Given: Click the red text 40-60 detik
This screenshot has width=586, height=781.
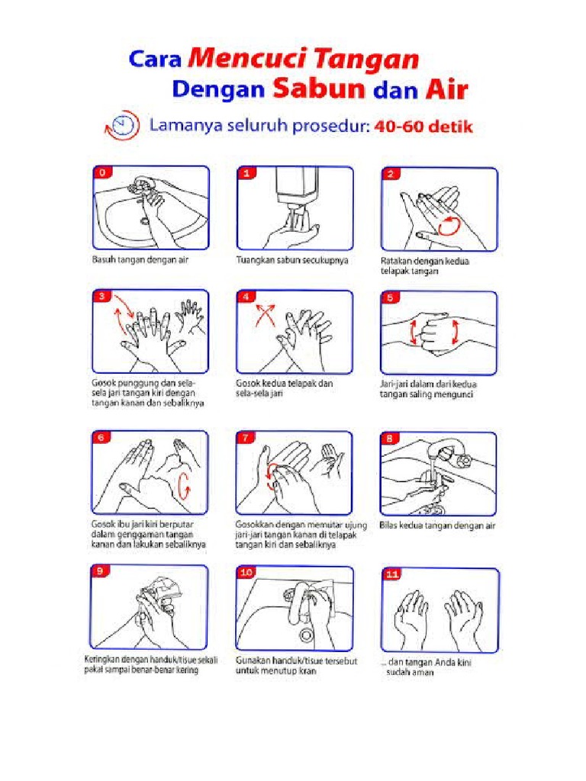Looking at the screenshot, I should [424, 127].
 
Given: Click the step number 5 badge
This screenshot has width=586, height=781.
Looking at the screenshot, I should [391, 298].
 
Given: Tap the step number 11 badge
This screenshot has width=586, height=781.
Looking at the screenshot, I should [392, 576].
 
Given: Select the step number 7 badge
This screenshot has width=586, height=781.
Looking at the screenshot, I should [246, 439].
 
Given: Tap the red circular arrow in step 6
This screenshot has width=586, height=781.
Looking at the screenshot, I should [183, 484].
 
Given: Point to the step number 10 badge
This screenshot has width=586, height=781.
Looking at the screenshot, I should [247, 572].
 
